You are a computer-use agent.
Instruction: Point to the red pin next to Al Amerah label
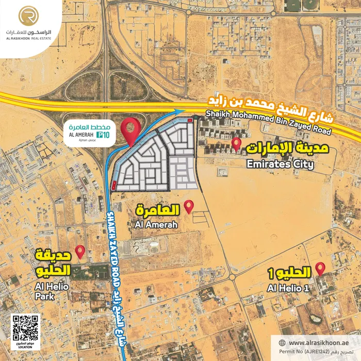(189, 206)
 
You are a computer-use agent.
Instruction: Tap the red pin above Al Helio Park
(80, 251)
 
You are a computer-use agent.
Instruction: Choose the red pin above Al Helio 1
(320, 268)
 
